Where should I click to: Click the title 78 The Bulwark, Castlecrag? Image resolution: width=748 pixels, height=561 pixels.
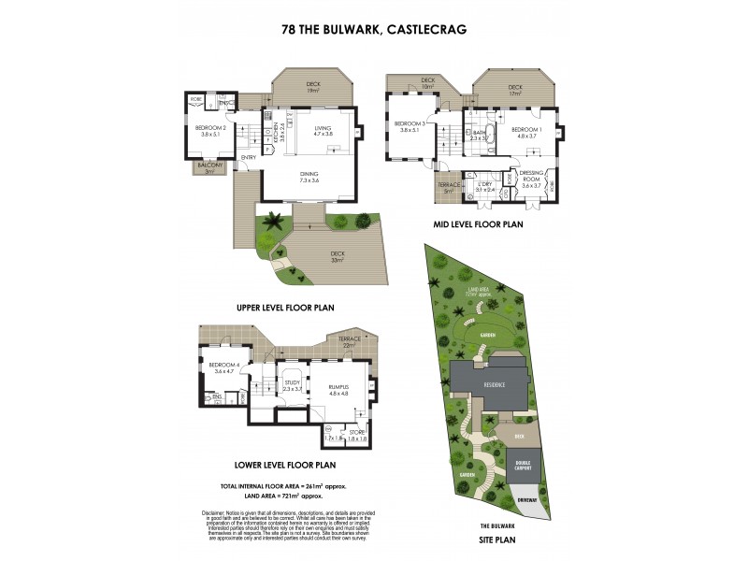tap(374, 29)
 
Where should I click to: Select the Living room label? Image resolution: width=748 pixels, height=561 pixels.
tap(324, 130)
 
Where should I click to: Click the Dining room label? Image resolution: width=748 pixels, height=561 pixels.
tap(309, 176)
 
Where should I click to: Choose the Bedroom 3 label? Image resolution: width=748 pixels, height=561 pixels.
tap(411, 127)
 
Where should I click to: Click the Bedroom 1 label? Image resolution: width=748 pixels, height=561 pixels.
tap(528, 132)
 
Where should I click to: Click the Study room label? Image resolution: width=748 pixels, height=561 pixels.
tap(294, 384)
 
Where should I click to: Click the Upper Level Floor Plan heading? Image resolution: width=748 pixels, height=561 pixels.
tap(285, 307)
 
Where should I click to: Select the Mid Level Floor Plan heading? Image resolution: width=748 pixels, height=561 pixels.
tap(478, 224)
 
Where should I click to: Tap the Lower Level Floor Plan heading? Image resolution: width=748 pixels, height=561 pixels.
tap(286, 464)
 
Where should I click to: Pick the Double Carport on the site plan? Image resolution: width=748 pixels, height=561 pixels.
tap(522, 466)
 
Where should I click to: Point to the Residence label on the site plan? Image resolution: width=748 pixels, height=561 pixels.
tap(494, 384)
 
